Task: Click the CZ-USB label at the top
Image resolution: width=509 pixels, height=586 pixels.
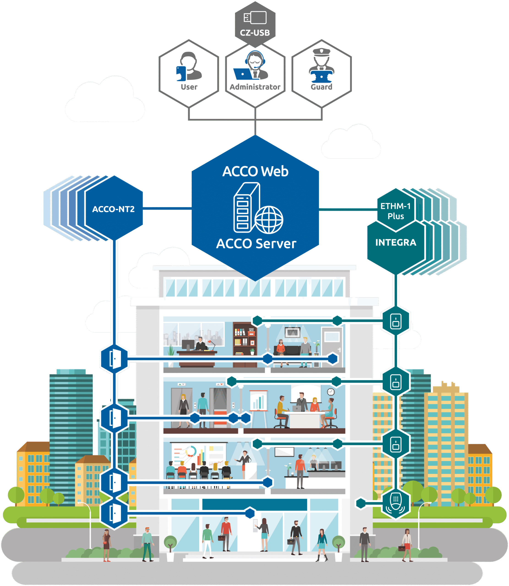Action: coord(255,33)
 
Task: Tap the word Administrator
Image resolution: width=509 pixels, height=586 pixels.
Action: coord(255,87)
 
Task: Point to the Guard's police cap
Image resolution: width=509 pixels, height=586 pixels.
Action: coord(321,52)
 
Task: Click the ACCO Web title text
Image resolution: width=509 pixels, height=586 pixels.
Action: coord(255,171)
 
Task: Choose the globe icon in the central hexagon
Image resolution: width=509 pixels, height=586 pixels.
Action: coord(269,220)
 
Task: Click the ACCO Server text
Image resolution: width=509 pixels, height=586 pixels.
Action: coord(256,244)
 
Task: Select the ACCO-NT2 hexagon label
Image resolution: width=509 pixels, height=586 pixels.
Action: coord(113,209)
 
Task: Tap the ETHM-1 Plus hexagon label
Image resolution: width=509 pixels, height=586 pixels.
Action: coord(396,211)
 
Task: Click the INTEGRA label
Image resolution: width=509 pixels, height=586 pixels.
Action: coord(396,242)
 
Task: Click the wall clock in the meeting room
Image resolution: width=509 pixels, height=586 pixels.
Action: coord(331,392)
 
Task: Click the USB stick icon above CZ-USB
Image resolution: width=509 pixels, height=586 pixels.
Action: coord(255,18)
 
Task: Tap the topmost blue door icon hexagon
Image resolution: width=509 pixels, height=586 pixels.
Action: coord(114,359)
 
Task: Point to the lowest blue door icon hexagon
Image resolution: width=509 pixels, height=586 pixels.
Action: coord(114,513)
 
